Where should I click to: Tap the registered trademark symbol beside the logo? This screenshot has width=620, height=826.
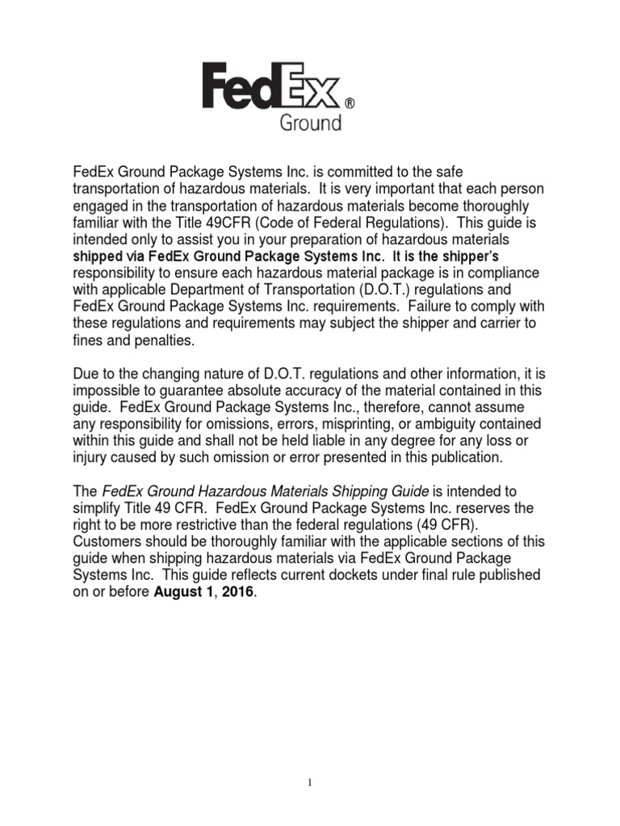[350, 104]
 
